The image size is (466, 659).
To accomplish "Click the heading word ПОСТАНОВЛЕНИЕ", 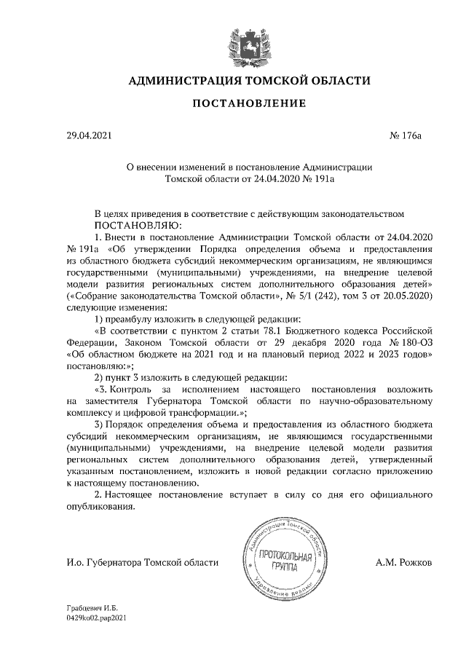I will pyautogui.click(x=248, y=105).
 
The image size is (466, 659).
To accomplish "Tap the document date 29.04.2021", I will pyautogui.click(x=87, y=135).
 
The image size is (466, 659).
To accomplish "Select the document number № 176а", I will pyautogui.click(x=406, y=135).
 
